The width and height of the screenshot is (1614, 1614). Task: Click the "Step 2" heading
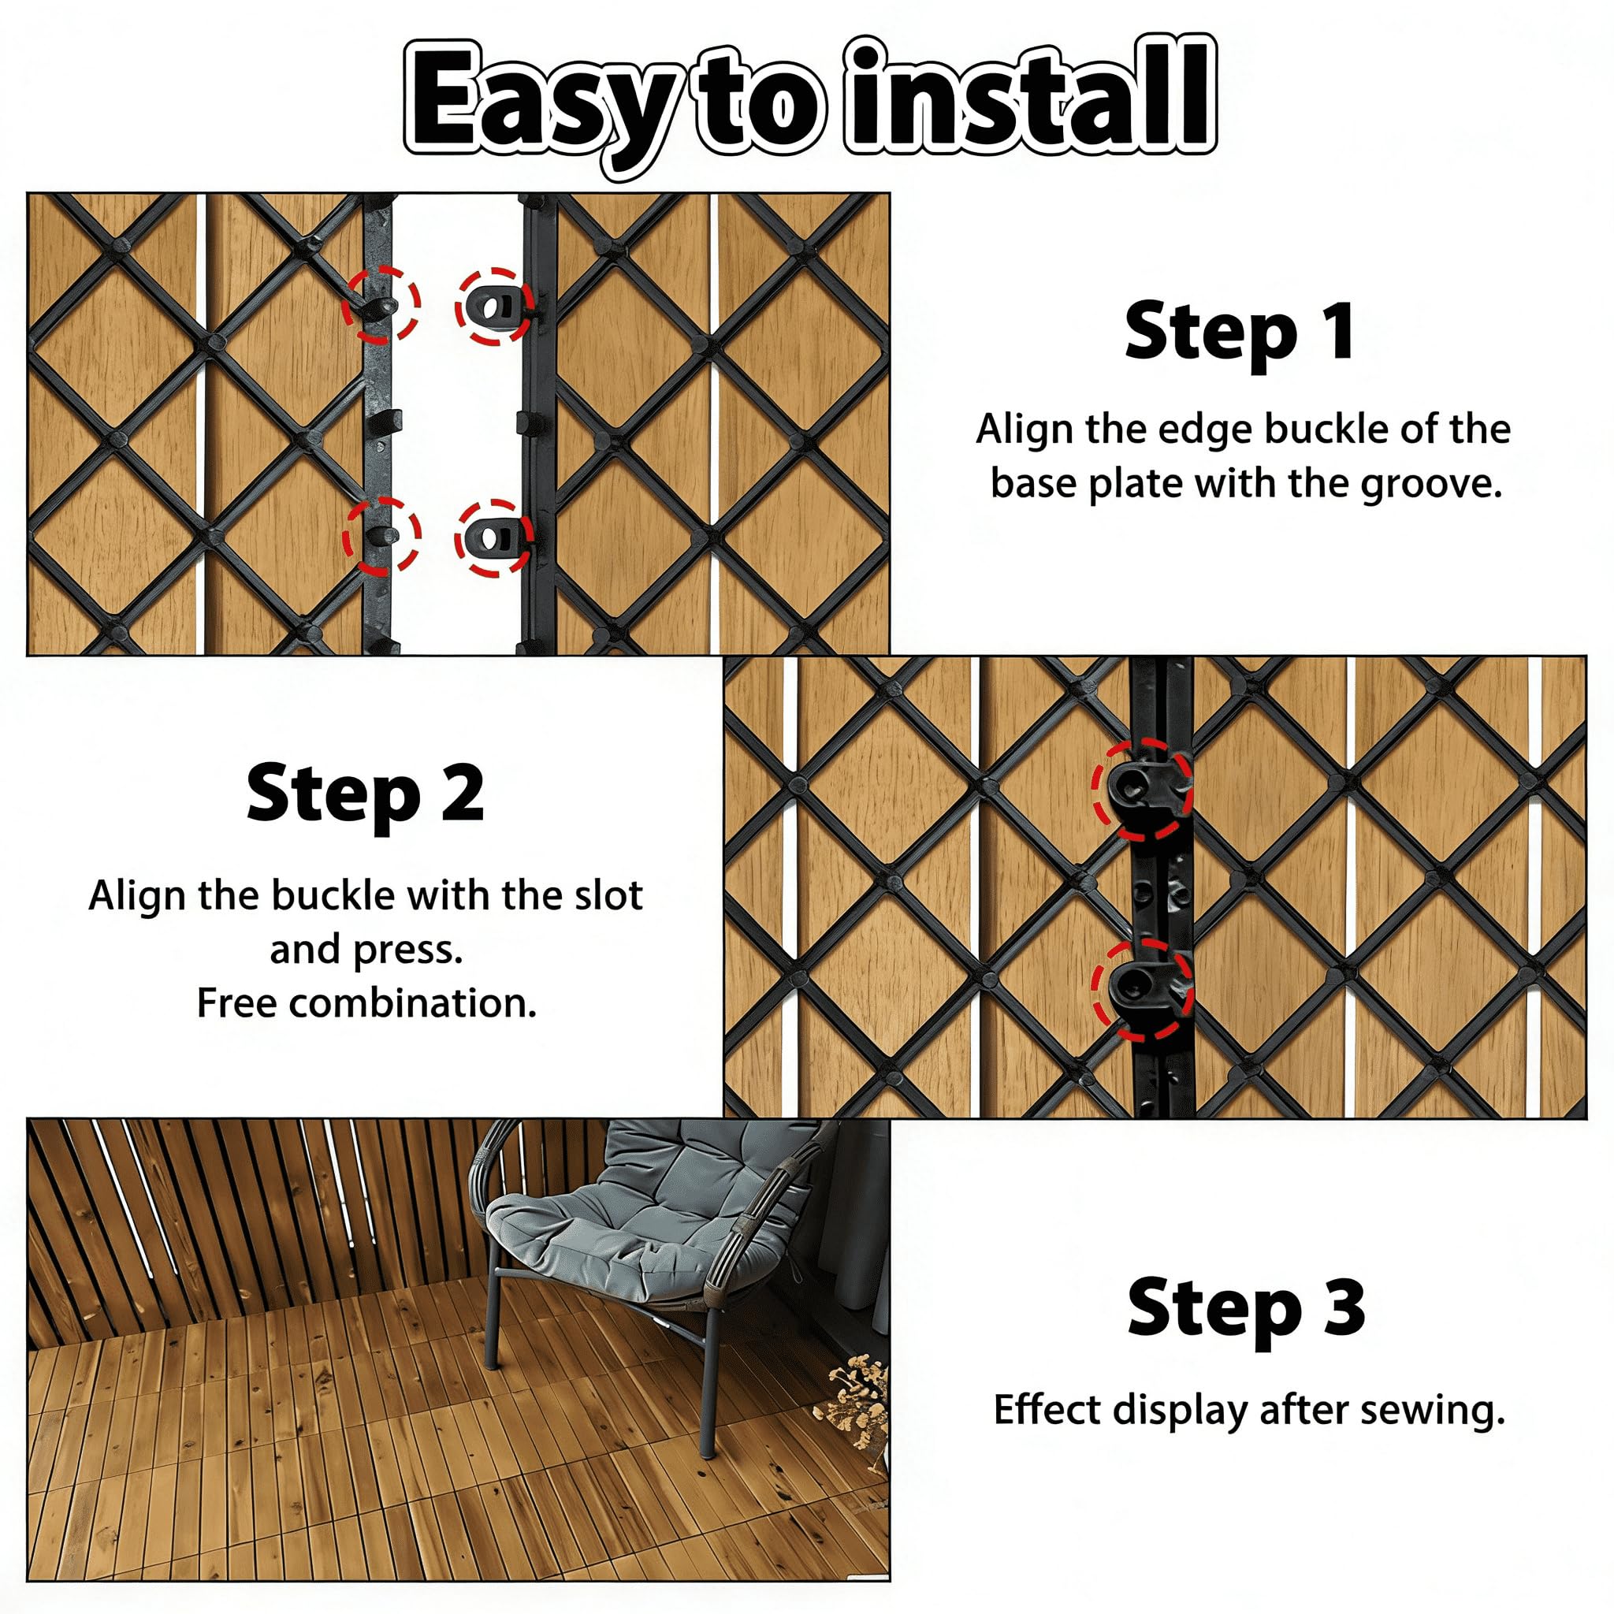[x=365, y=795]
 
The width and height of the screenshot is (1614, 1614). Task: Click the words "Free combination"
[x=366, y=1003]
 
